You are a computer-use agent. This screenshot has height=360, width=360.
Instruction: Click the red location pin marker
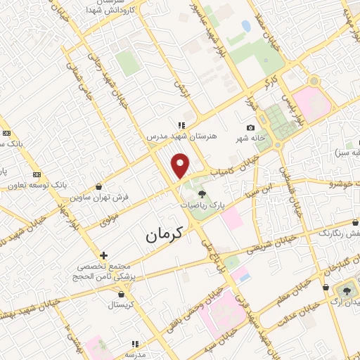(181, 165)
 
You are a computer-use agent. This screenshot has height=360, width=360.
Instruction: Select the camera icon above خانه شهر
(250, 127)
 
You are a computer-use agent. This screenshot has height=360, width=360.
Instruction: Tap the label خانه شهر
(250, 139)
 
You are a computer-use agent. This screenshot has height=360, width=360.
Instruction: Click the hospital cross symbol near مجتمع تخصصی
(103, 255)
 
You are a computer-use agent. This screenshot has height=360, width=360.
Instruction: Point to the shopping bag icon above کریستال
(125, 294)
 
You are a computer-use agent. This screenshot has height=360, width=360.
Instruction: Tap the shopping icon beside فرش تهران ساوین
(98, 187)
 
